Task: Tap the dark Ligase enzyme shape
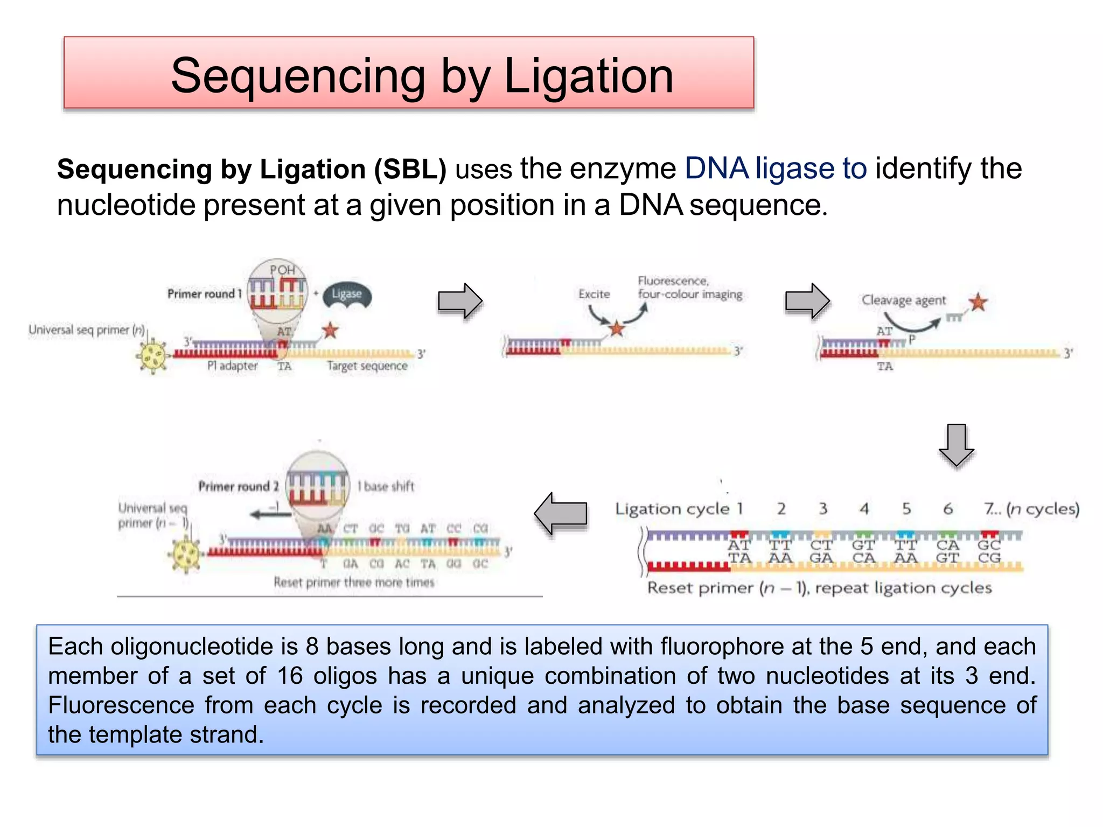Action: click(x=347, y=296)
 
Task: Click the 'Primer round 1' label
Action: click(x=204, y=294)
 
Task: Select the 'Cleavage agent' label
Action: click(x=903, y=300)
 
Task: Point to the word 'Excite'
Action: click(x=594, y=294)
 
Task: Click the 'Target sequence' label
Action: click(x=367, y=366)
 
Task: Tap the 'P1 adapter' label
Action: click(x=232, y=366)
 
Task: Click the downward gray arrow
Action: click(x=956, y=445)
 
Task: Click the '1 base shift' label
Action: click(x=386, y=486)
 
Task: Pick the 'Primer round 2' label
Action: click(x=238, y=486)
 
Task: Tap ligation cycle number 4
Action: click(x=864, y=509)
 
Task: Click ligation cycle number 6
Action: click(x=948, y=509)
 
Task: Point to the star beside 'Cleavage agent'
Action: click(x=978, y=302)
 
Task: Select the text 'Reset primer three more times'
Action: click(x=353, y=582)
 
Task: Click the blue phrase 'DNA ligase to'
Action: click(x=776, y=169)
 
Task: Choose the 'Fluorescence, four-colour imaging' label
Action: click(x=689, y=288)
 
